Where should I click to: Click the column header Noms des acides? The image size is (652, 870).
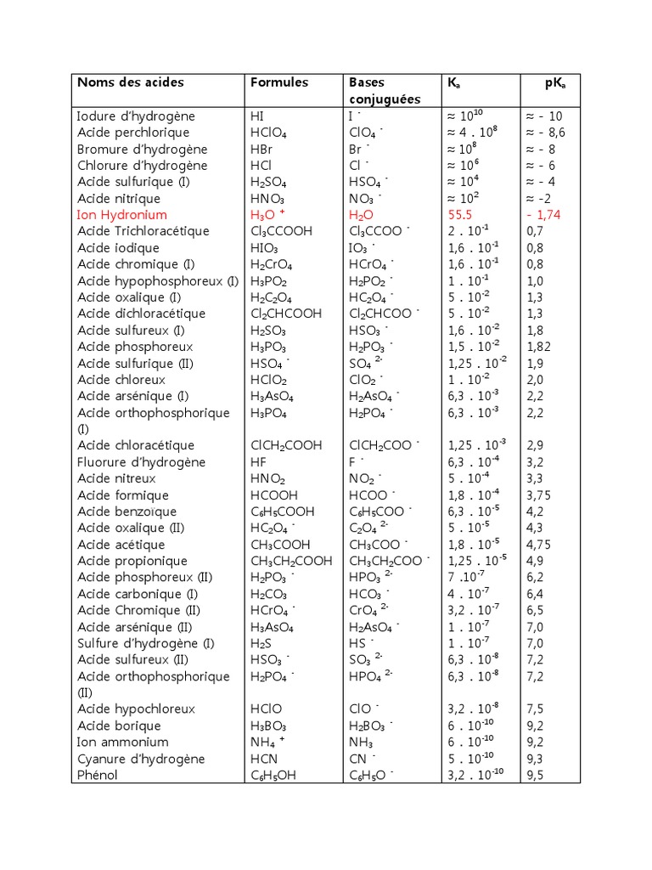click(x=131, y=82)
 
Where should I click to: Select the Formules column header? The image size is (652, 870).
click(x=279, y=82)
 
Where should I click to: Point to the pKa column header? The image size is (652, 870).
click(x=556, y=82)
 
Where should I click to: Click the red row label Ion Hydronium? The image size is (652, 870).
click(x=122, y=215)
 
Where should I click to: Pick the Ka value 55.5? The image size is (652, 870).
click(x=460, y=215)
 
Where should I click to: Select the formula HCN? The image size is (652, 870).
click(x=265, y=759)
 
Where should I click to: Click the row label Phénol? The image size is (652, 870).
click(x=98, y=775)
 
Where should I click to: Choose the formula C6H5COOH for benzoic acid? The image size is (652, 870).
click(x=283, y=511)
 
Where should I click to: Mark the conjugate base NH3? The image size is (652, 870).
click(x=361, y=743)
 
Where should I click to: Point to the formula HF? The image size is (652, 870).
click(x=258, y=462)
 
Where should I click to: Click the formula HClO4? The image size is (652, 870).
click(x=268, y=133)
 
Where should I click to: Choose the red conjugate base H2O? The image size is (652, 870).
click(x=362, y=215)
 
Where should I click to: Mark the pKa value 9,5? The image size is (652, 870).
click(x=535, y=775)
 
